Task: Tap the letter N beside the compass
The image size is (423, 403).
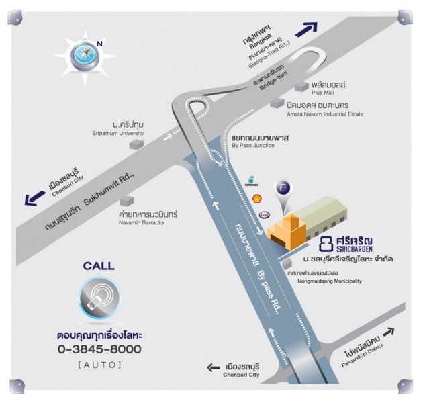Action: coord(100,44)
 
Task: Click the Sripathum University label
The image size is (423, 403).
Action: coord(118,130)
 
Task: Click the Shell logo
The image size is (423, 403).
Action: coord(256,199)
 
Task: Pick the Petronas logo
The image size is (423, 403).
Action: coord(251,181)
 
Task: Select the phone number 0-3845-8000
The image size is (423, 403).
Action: coord(99,349)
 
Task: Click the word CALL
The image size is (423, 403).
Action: coord(99,266)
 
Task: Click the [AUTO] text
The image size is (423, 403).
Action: coord(99,365)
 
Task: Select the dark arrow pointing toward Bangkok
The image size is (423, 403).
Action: coord(306,29)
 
